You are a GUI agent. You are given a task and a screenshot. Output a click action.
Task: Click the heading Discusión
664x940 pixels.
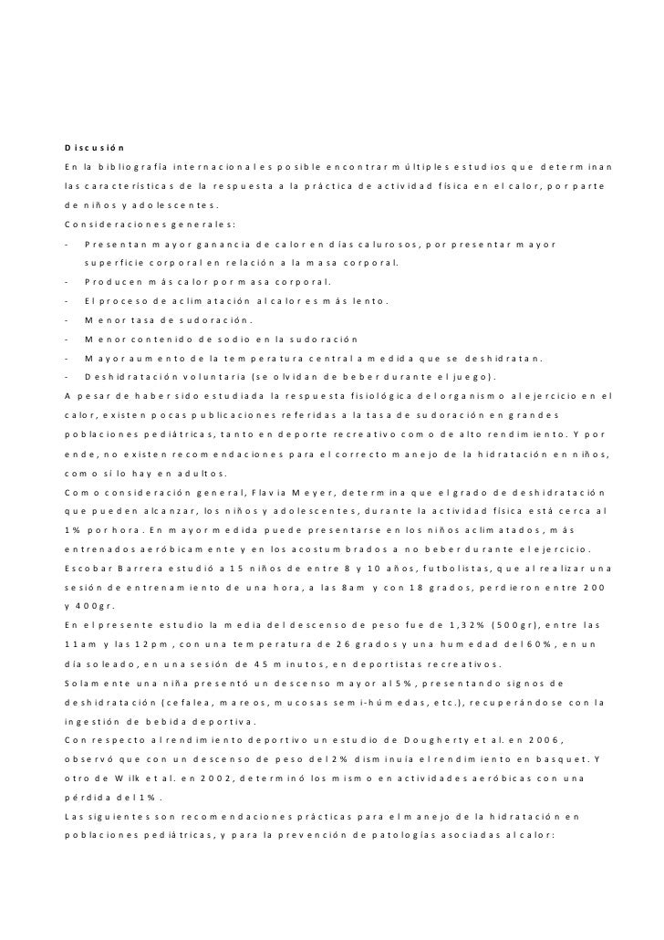pyautogui.click(x=94, y=147)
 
